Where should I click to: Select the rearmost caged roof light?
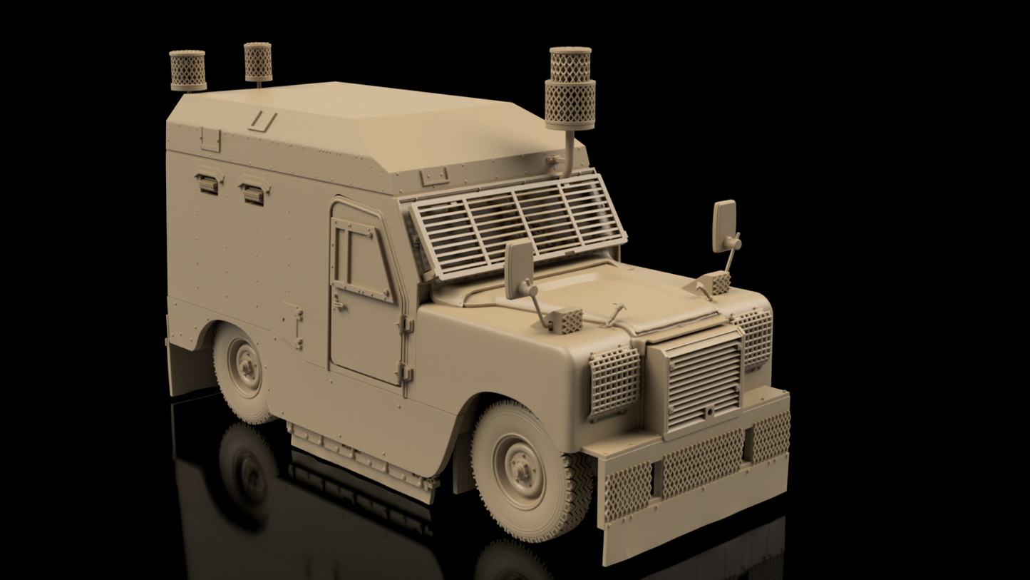click(x=187, y=70)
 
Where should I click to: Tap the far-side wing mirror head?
click(x=724, y=225)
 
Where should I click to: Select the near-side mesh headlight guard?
click(x=613, y=382)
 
